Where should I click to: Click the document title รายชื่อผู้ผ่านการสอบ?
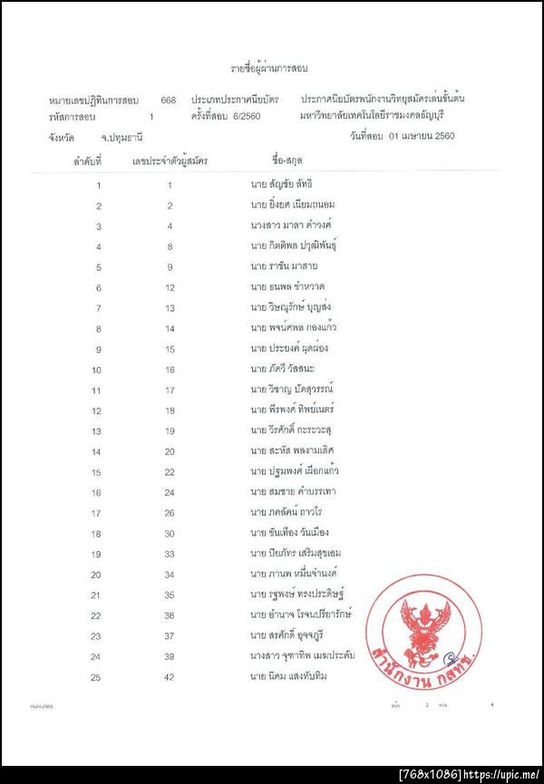[x=271, y=67]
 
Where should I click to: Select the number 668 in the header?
[x=168, y=99]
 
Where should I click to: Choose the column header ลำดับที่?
[x=88, y=160]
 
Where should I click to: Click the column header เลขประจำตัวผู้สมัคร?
[x=170, y=160]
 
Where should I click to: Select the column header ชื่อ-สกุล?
[x=278, y=160]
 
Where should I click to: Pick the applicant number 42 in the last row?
[x=170, y=676]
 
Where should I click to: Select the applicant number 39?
[x=170, y=655]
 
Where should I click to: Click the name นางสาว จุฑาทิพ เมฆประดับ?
[x=302, y=655]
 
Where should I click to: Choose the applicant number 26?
[x=170, y=513]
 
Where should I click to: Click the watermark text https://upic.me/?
[x=501, y=775]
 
